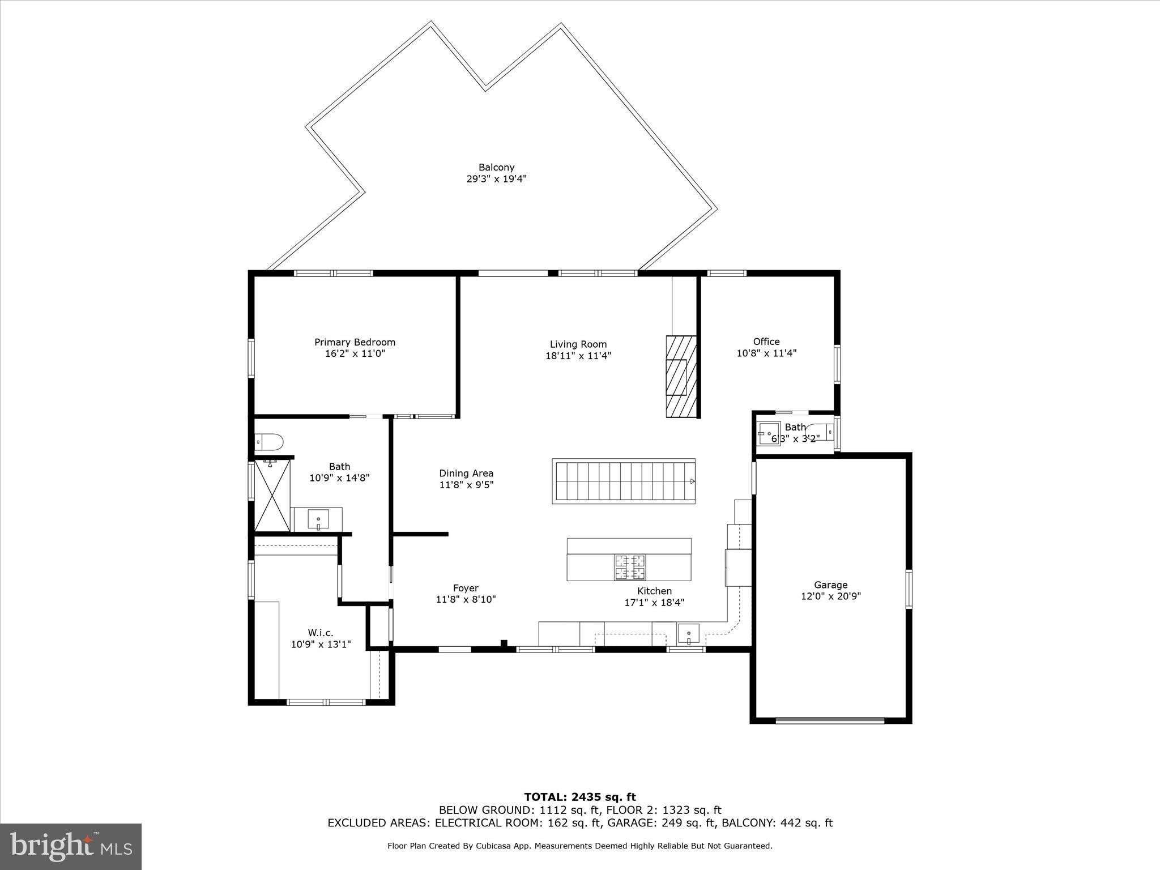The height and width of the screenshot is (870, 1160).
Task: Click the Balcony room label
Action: tap(496, 167)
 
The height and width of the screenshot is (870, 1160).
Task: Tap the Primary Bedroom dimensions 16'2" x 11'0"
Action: tap(355, 353)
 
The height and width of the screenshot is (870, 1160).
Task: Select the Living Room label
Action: tap(578, 344)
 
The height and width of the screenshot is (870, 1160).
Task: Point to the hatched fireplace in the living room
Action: tap(681, 377)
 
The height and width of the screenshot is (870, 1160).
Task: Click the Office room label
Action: tap(766, 341)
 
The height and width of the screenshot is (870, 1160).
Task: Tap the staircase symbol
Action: tap(624, 481)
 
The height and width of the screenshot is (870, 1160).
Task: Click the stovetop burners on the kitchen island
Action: tap(630, 567)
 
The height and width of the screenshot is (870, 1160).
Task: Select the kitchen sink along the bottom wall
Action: tap(688, 633)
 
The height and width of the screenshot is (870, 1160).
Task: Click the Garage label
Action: tap(830, 585)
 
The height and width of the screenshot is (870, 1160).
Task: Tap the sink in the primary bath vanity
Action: tap(318, 519)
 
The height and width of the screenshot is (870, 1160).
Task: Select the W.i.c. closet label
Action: tap(321, 633)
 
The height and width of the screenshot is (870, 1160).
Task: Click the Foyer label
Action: tap(466, 588)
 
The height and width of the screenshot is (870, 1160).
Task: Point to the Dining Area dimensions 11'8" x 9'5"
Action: tap(466, 485)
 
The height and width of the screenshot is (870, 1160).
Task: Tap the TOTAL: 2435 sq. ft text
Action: tap(579, 797)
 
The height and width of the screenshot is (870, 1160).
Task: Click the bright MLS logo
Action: tap(71, 846)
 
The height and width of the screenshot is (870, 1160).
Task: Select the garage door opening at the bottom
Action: tap(829, 720)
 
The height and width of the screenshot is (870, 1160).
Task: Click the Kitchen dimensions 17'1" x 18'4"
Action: tap(654, 603)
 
